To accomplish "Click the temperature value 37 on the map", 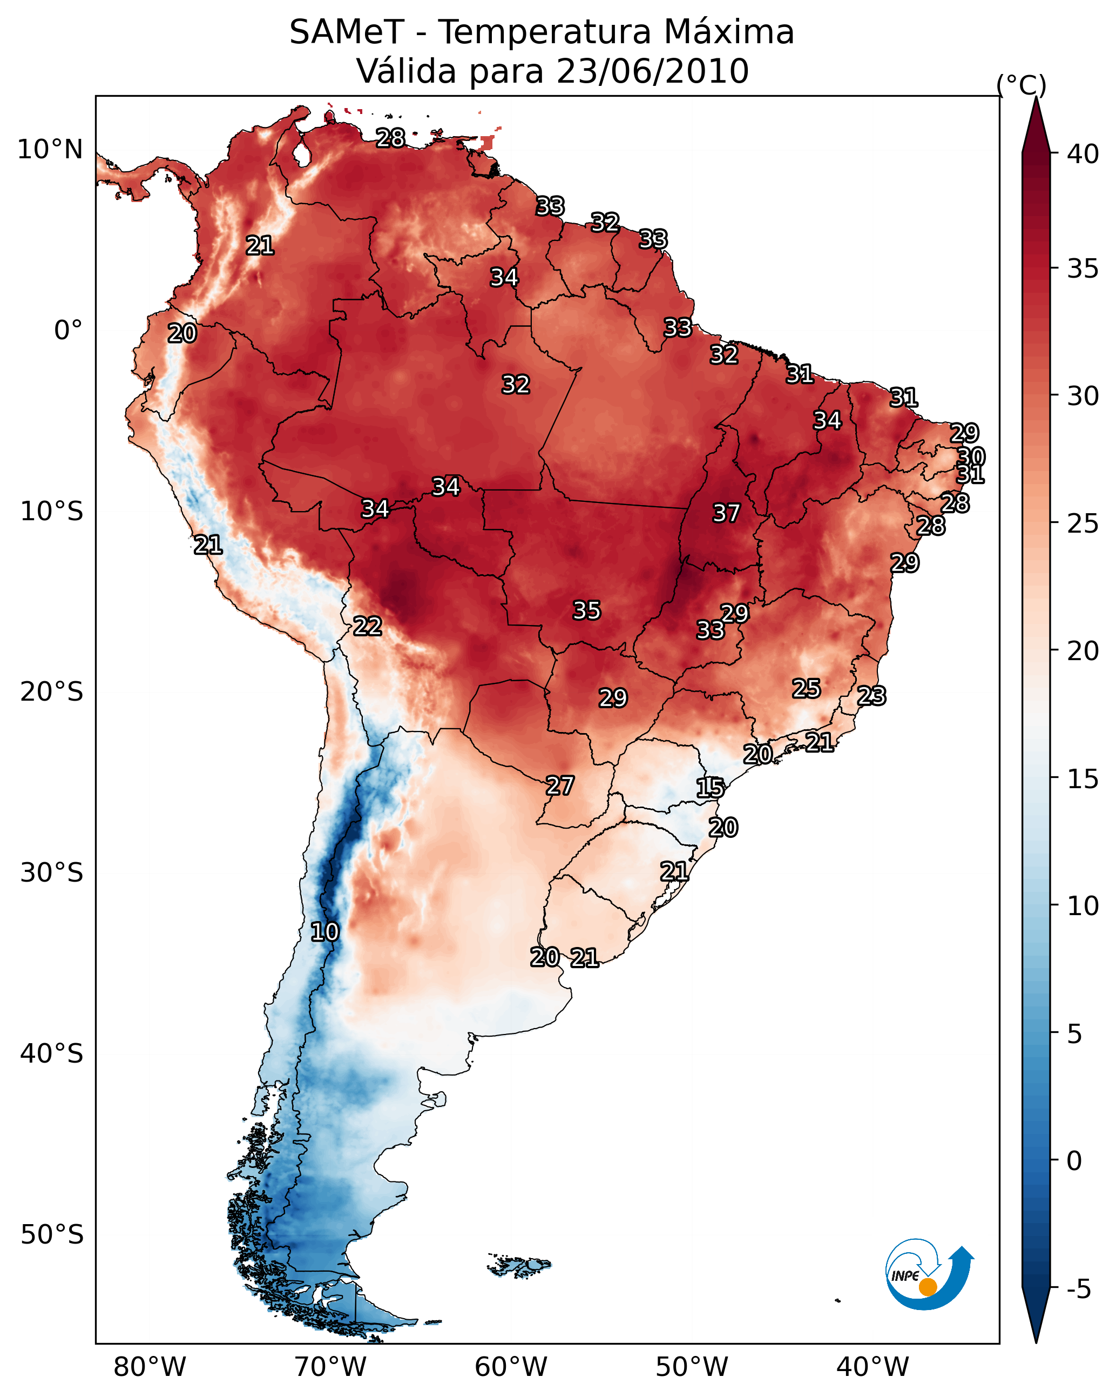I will coord(726,513).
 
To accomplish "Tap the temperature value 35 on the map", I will coord(587,610).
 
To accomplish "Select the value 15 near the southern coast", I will coord(710,788).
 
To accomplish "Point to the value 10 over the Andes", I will coord(324,932).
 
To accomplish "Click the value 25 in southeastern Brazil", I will coord(807,688).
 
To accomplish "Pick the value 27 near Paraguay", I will coord(559,785).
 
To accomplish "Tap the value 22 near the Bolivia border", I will coord(367,626).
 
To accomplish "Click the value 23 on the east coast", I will coord(871,696).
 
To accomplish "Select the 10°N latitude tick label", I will coord(50,150).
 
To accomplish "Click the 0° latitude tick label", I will coord(68,331).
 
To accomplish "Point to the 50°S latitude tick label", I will coord(52,1235).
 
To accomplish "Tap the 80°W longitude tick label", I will coord(150,1367).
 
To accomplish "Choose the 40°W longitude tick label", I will coord(872,1367).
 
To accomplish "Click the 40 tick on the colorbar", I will coord(1083,154).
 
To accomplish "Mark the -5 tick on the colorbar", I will coord(1078,1289).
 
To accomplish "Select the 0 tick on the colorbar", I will coord(1074,1161).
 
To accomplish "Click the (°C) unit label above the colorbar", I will coord(1022,85).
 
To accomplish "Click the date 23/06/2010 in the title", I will coord(652,71).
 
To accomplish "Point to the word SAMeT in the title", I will coord(347,32).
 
